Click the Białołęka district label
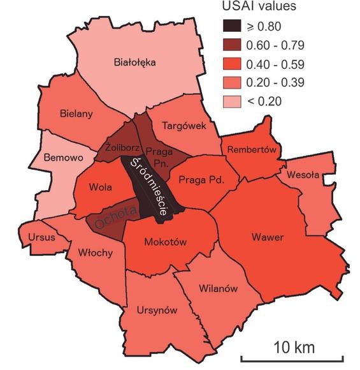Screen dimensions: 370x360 (135, 63)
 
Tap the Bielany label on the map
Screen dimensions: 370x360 (76, 114)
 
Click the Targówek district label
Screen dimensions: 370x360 (184, 126)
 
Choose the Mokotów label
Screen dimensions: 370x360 (165, 242)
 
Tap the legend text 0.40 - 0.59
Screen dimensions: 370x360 (280, 64)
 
